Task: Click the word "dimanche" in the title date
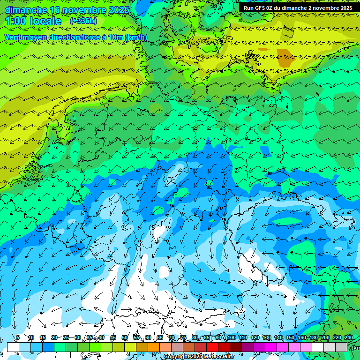pos(26,10)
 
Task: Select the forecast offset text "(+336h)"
pos(83,21)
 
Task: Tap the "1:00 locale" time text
pos(33,21)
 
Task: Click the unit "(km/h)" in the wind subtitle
pos(136,37)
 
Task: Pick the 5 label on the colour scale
pos(18,338)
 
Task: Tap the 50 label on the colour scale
pos(124,338)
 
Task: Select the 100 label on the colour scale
pos(231,338)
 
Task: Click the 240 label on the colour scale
pos(349,338)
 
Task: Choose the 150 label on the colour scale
pos(290,338)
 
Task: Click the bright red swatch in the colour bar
pos(212,347)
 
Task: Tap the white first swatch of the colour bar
pos(13,347)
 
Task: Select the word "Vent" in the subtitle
pos(14,37)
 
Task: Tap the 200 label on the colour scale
pos(325,338)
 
